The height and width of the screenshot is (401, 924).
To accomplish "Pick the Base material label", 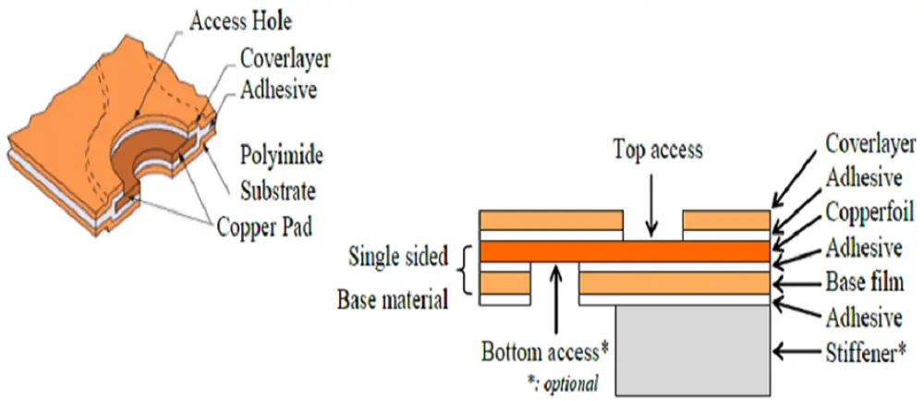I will coord(393,299).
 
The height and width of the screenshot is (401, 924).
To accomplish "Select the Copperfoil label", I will coord(869,213).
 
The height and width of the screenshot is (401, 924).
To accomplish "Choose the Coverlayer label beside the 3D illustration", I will coord(285,58).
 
